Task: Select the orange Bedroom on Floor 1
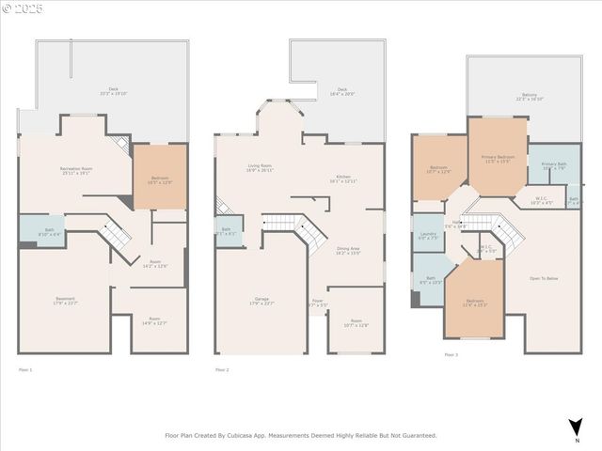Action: point(160,179)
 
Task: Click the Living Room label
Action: point(260,167)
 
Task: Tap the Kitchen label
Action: point(343,178)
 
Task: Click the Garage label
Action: point(260,300)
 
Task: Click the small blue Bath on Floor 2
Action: point(228,230)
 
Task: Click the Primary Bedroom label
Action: point(498,156)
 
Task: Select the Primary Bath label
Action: point(554,165)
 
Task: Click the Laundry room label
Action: point(428,235)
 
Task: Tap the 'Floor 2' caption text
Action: point(222,370)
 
